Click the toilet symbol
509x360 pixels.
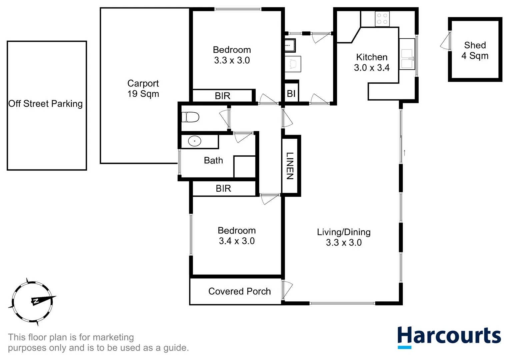coord(190,117)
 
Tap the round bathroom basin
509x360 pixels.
coord(194,141)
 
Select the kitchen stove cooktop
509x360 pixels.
coord(382,19)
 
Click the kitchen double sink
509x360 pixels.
coord(407,59)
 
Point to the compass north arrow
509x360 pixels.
coord(43,299)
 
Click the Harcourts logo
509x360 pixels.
coord(449,337)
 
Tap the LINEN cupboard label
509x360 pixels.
coord(290,166)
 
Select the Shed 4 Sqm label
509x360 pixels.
coord(475,50)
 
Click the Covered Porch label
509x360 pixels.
coord(239,291)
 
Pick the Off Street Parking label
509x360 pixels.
coord(46,104)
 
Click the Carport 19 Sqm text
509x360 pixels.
coord(143,88)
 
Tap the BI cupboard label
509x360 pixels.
coord(291,94)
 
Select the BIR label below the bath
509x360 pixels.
coord(223,188)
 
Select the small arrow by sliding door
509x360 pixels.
coord(404,153)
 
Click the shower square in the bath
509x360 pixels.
coord(244,166)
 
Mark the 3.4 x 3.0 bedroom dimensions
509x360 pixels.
coord(237,241)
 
